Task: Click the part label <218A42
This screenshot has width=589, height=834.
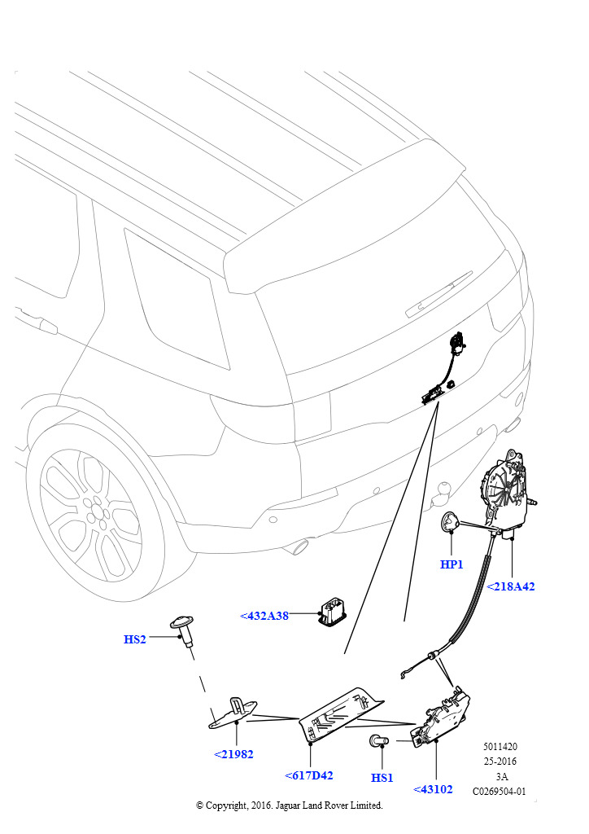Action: (x=510, y=586)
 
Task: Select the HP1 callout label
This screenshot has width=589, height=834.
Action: (x=452, y=564)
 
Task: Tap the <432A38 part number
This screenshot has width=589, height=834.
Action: (x=264, y=616)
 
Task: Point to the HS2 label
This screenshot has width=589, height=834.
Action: (x=134, y=639)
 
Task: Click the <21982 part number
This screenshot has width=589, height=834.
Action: (x=233, y=754)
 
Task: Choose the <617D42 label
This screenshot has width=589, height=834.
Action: (x=309, y=775)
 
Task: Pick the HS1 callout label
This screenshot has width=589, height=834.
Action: (x=382, y=778)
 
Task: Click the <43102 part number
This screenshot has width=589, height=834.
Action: (x=433, y=789)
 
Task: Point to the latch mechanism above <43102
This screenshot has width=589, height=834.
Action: (x=441, y=718)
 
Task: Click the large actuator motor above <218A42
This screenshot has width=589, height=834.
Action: (x=507, y=492)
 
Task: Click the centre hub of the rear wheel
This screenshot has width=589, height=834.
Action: (x=97, y=511)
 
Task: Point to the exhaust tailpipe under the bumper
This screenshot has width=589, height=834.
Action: (x=296, y=546)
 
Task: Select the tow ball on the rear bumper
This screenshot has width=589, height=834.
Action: (x=442, y=493)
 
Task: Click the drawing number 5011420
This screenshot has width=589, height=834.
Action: (x=500, y=746)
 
